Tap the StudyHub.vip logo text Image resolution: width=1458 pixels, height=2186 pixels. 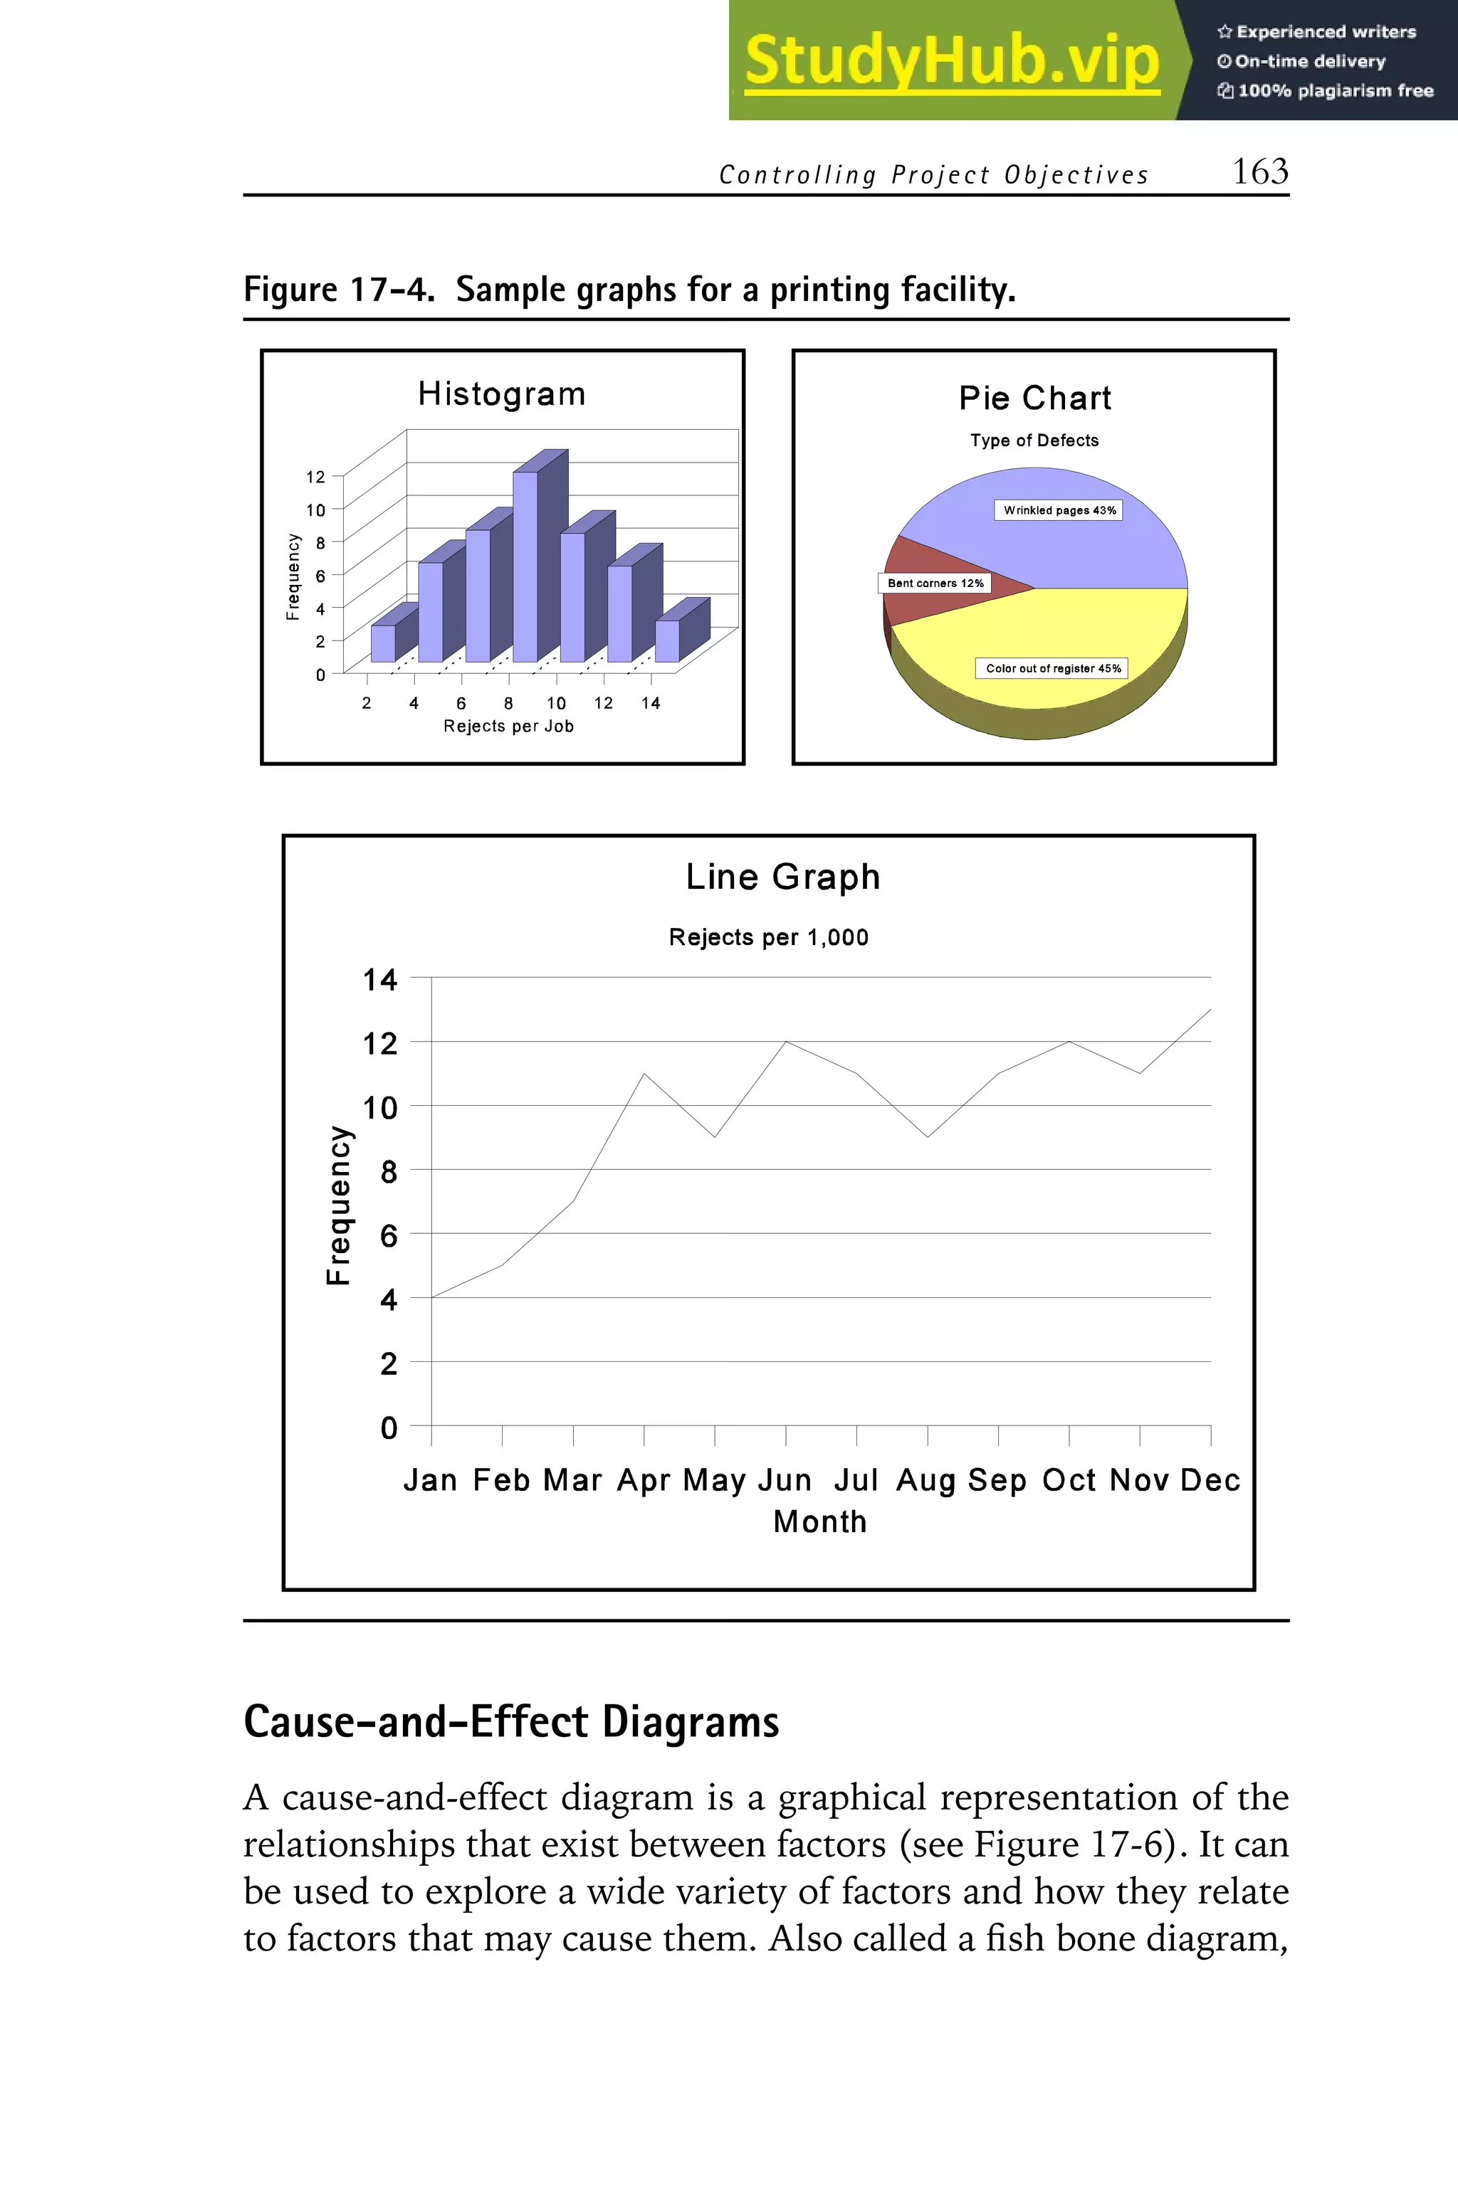(x=951, y=60)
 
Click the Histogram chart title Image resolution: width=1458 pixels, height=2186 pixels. (x=501, y=394)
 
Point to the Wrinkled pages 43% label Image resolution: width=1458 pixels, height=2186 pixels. (x=1059, y=510)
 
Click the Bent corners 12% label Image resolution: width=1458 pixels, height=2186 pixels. (x=935, y=584)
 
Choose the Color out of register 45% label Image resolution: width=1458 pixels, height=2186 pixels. (x=1053, y=668)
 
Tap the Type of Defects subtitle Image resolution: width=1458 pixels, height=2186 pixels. (x=1034, y=440)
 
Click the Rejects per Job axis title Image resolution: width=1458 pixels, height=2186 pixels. (x=508, y=726)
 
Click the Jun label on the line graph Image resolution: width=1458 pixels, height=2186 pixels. (x=786, y=1479)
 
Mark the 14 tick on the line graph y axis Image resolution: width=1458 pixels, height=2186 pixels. (x=379, y=980)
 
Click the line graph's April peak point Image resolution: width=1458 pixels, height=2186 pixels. (x=644, y=1074)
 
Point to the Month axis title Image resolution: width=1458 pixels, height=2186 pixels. (x=819, y=1522)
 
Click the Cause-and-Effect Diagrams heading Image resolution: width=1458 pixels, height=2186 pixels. (x=510, y=1721)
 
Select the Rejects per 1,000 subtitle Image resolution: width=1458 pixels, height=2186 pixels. (x=768, y=938)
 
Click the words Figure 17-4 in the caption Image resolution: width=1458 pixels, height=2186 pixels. (x=338, y=290)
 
